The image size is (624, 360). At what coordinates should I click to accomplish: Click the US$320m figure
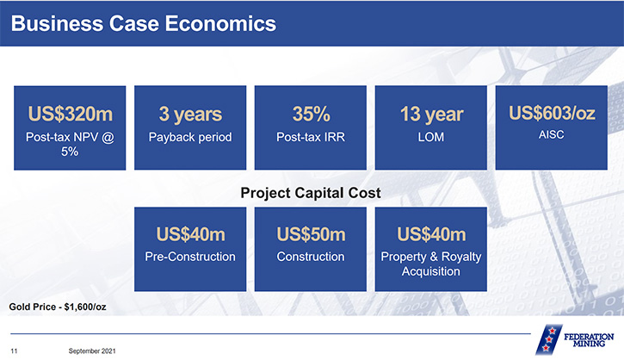click(71, 114)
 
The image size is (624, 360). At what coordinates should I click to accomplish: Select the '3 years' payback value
click(190, 115)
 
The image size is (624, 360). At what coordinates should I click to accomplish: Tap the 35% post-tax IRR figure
click(312, 114)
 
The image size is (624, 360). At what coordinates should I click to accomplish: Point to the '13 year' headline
click(432, 115)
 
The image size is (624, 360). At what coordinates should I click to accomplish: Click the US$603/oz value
click(552, 113)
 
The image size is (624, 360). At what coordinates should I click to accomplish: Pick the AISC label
click(551, 134)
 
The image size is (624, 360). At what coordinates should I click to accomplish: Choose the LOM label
click(431, 137)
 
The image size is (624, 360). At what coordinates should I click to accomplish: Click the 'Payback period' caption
click(190, 138)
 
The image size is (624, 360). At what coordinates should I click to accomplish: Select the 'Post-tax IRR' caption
click(311, 137)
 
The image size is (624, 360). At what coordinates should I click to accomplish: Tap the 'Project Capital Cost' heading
click(311, 193)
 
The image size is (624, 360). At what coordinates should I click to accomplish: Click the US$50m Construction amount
click(312, 234)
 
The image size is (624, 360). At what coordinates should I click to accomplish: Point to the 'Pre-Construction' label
click(190, 257)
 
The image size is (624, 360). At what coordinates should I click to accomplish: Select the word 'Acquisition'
click(431, 271)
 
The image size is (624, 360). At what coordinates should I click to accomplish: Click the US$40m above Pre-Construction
click(190, 234)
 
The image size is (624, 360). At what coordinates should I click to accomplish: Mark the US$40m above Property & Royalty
click(431, 234)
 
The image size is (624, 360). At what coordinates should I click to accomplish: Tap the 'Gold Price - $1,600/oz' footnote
click(58, 307)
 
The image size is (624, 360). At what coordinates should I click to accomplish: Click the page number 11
click(14, 351)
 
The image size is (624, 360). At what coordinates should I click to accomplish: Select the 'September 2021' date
click(92, 351)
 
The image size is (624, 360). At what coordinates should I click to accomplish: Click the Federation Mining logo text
click(589, 340)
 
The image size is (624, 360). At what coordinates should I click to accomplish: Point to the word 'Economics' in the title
click(220, 23)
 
